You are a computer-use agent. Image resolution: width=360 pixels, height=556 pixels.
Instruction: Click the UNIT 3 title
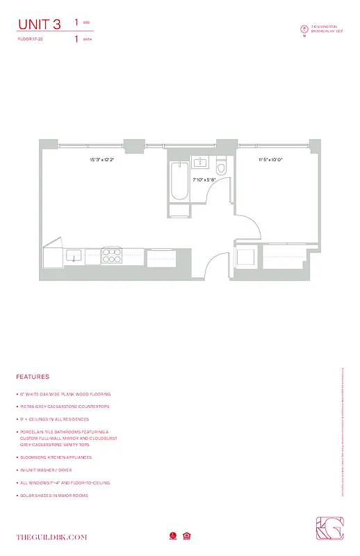(x=39, y=25)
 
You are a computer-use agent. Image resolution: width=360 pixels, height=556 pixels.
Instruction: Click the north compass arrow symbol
(x=304, y=29)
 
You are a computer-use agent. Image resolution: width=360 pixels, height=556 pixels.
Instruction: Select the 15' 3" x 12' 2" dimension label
(x=101, y=160)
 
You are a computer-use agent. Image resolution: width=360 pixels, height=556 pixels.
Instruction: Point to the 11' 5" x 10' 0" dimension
(x=270, y=160)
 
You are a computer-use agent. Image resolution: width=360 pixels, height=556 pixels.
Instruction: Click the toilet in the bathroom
(x=222, y=168)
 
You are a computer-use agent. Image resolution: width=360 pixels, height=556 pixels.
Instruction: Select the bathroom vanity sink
(x=201, y=163)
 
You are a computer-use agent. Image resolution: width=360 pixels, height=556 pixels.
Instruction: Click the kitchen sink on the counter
(x=72, y=256)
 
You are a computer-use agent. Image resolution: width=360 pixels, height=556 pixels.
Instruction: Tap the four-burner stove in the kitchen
(x=111, y=256)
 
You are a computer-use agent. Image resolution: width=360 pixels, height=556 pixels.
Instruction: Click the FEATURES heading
(x=33, y=377)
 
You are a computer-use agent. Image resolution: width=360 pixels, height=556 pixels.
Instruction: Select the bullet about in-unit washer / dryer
(x=47, y=470)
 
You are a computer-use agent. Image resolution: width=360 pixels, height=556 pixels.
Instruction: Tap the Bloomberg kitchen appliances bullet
(x=56, y=457)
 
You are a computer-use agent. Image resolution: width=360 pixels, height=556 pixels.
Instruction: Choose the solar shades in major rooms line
(x=55, y=495)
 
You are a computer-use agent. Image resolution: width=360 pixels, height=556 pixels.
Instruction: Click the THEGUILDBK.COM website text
(x=51, y=537)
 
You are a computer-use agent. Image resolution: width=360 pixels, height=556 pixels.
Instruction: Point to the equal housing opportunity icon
(x=187, y=535)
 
